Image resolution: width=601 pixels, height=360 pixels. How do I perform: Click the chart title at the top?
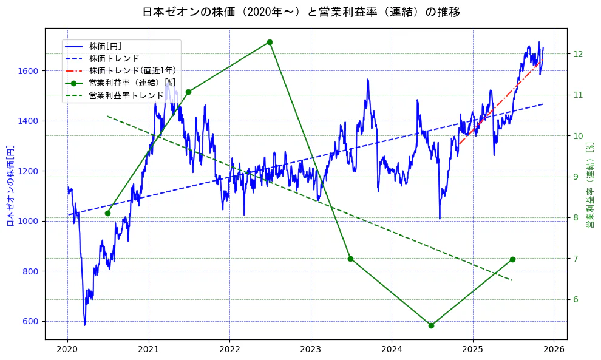click(x=301, y=12)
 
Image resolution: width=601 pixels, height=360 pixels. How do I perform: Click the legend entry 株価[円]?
click(x=106, y=46)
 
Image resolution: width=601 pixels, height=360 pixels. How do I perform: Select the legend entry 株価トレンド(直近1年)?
click(x=132, y=70)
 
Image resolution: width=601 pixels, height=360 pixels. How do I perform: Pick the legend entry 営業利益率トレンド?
click(x=126, y=95)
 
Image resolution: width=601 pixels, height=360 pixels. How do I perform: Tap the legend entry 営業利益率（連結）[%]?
click(x=132, y=83)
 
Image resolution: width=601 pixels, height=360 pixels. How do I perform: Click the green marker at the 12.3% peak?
click(x=270, y=42)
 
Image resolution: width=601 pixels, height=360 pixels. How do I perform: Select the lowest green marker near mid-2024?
click(x=431, y=325)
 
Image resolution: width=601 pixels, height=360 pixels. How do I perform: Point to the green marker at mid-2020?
click(x=107, y=213)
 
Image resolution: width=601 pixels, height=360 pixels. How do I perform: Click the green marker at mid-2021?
click(x=188, y=92)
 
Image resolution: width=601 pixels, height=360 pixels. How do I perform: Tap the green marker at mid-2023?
click(x=350, y=259)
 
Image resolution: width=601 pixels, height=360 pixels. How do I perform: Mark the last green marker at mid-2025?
click(x=512, y=259)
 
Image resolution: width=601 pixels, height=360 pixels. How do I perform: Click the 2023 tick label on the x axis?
click(x=310, y=350)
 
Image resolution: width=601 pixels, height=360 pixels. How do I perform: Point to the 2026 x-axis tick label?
click(x=554, y=350)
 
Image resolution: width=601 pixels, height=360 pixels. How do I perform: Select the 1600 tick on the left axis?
click(x=29, y=71)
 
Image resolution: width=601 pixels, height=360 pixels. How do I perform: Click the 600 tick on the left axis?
click(x=31, y=322)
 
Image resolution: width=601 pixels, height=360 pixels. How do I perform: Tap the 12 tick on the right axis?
click(x=578, y=54)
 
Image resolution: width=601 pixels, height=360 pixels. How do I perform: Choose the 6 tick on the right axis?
click(x=576, y=299)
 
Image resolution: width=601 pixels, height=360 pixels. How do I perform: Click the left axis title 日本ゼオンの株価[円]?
click(x=10, y=186)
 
